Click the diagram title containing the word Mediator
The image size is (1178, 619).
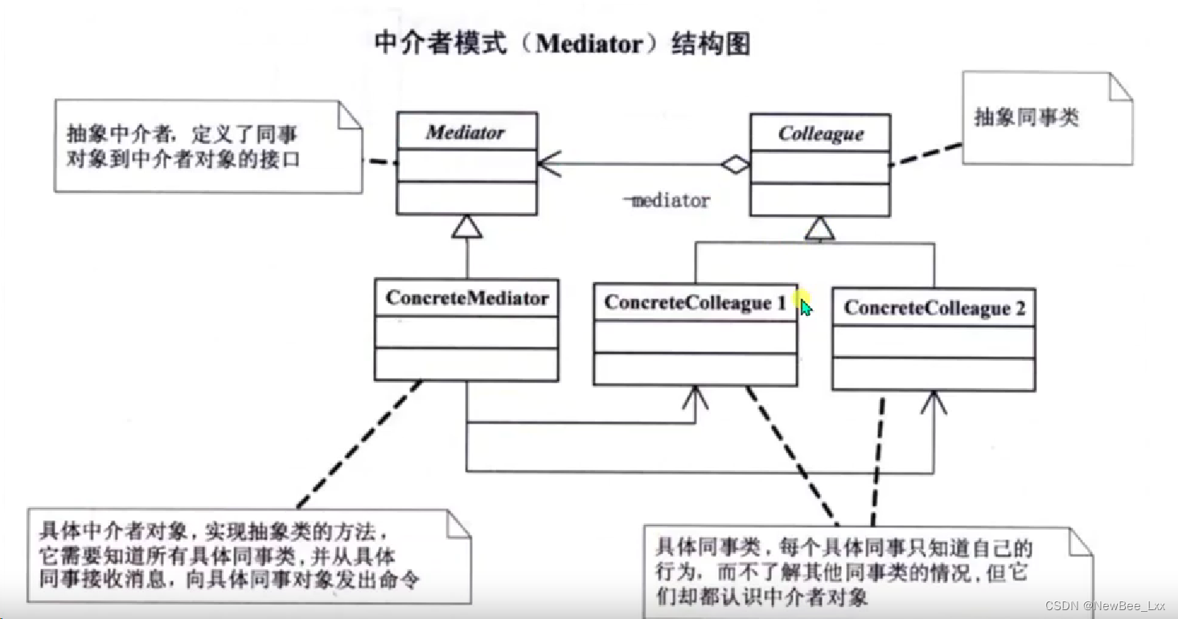562,43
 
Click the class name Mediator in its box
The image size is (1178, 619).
466,132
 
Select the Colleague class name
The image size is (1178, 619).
820,133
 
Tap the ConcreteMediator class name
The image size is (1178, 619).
466,298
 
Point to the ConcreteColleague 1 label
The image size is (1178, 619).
695,302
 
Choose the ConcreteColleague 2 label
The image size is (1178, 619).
934,309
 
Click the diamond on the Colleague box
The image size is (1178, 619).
735,165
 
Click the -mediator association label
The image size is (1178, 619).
667,201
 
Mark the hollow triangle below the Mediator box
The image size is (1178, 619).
467,228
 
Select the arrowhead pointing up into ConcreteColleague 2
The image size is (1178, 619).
934,401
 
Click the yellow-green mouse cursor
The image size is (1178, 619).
806,305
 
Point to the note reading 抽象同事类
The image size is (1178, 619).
1027,118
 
